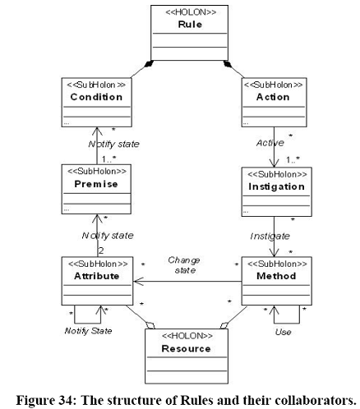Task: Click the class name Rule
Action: coord(190,25)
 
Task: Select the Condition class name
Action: coord(96,97)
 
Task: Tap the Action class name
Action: coord(273,97)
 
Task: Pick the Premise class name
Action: coord(96,184)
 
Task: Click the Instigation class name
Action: coord(276,186)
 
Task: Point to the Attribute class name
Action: coord(97,276)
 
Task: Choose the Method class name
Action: coord(276,276)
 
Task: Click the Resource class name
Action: coord(186,348)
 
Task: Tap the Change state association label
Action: coord(184,265)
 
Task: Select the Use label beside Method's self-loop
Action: coord(283,332)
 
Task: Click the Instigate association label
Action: coord(270,236)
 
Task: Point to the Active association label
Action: coord(270,143)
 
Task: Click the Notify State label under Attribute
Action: coord(88,331)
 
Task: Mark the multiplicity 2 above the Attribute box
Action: coord(101,250)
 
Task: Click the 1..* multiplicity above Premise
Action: coord(108,159)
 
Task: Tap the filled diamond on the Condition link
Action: coord(149,63)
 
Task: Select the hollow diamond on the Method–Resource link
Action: coord(224,325)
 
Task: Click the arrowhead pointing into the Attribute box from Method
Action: coord(138,282)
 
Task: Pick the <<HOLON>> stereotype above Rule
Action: coord(191,12)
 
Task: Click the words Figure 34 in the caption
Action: coord(44,400)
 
